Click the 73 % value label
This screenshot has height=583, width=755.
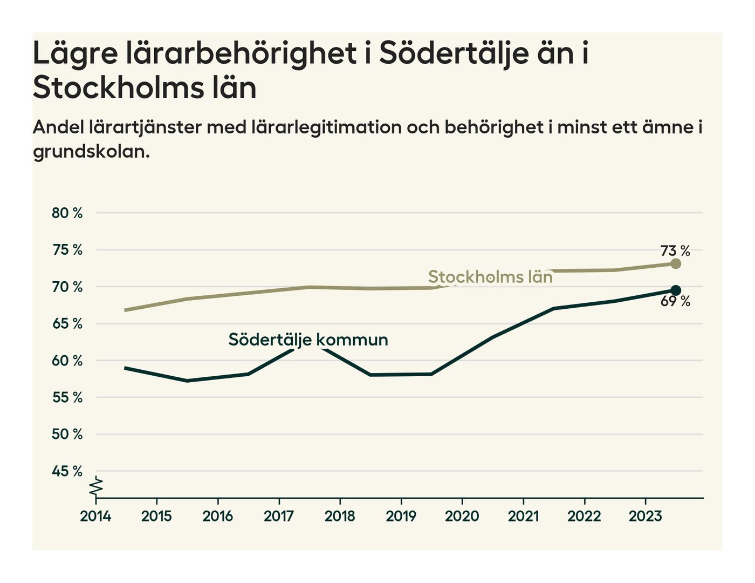pos(675,251)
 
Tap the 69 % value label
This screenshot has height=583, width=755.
pos(675,302)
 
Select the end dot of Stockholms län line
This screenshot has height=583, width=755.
pos(676,264)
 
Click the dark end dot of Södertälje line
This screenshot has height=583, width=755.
pos(676,290)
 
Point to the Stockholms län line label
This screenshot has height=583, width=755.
pos(490,277)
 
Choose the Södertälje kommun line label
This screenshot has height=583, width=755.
pos(308,340)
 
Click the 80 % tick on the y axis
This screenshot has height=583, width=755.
pos(67,213)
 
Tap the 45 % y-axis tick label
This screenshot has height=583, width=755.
pos(67,471)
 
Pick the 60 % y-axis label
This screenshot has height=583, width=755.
pos(67,361)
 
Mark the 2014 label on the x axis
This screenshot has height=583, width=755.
pos(95,517)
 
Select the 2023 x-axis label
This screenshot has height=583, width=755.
pos(645,517)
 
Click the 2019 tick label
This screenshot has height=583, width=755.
pos(401,517)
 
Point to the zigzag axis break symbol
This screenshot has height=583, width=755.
pos(96,487)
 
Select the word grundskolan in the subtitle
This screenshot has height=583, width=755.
pos(91,152)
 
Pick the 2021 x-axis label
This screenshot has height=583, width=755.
pos(523,517)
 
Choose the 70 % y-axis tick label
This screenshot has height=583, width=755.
pos(67,287)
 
